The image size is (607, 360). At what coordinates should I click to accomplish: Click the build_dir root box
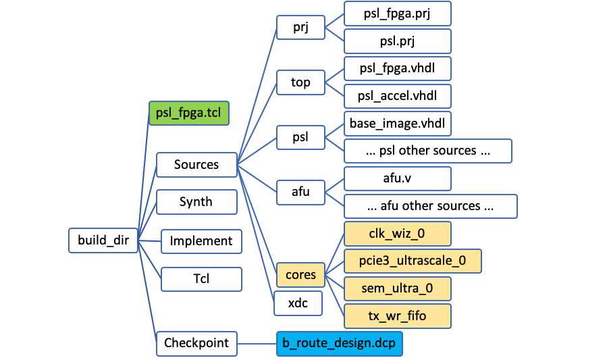click(103, 240)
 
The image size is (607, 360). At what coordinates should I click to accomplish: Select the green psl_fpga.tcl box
click(189, 113)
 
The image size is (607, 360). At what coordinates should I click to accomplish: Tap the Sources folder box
click(196, 165)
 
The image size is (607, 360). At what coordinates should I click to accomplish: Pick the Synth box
click(196, 202)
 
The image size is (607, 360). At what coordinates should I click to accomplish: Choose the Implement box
click(201, 241)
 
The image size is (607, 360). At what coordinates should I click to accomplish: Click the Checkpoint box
click(196, 342)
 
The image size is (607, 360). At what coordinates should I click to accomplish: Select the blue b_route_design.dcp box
click(340, 342)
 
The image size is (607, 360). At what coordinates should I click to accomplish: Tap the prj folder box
click(300, 28)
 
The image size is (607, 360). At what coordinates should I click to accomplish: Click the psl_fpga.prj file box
click(397, 14)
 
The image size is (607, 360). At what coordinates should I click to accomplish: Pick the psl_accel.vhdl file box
click(397, 96)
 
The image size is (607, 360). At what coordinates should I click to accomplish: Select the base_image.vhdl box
click(397, 124)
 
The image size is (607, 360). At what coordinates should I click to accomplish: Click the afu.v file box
click(397, 179)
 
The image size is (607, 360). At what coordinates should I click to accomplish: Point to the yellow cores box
click(300, 275)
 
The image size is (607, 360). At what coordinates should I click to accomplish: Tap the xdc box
click(298, 303)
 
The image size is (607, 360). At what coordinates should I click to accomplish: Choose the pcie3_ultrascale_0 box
click(413, 260)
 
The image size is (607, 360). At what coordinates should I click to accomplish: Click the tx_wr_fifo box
click(397, 316)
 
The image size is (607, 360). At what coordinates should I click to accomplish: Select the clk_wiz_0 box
click(397, 234)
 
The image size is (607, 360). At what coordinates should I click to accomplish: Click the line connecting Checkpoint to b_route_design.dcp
click(257, 342)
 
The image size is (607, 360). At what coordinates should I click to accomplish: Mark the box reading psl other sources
click(428, 151)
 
